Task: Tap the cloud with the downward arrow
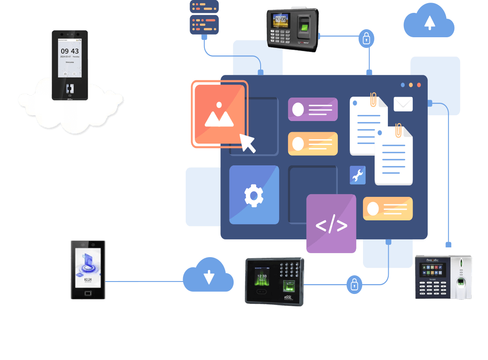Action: click(x=208, y=275)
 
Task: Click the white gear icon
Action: click(x=254, y=196)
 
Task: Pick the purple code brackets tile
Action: click(x=331, y=224)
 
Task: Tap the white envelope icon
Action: click(x=403, y=104)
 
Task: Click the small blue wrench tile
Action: click(x=357, y=176)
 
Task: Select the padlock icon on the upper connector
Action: click(x=366, y=39)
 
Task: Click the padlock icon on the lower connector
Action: click(x=354, y=284)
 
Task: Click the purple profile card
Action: click(x=312, y=110)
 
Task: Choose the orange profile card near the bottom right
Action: click(x=387, y=209)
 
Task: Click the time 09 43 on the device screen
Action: click(x=70, y=51)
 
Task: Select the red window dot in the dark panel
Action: click(x=419, y=85)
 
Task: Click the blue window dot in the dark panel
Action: click(x=402, y=85)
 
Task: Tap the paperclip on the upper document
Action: click(x=373, y=99)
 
